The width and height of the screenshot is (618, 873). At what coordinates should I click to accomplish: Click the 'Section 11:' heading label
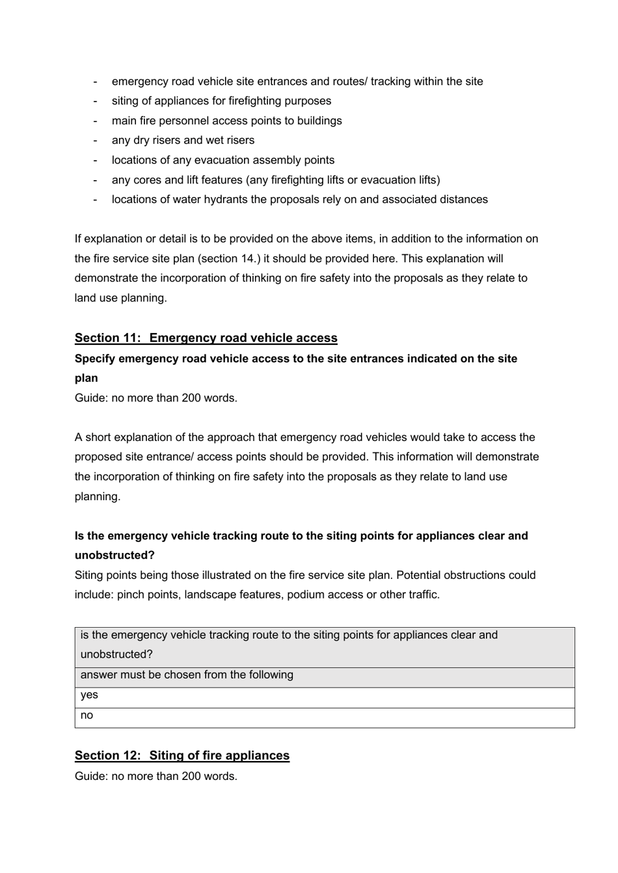107,338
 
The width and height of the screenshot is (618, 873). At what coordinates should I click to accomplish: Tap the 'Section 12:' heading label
107,755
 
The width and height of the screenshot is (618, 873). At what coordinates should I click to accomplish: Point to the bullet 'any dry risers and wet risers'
183,141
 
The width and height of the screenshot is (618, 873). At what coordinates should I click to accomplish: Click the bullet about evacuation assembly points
222,160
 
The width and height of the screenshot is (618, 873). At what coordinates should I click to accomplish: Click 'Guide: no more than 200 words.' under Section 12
156,776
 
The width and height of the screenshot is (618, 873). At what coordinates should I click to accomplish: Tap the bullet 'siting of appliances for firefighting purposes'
221,101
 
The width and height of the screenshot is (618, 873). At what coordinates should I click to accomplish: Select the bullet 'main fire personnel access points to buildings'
226,121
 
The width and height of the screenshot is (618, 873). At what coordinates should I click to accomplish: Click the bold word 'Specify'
95,358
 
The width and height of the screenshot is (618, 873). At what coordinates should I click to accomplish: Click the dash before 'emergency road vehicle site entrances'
96,81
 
